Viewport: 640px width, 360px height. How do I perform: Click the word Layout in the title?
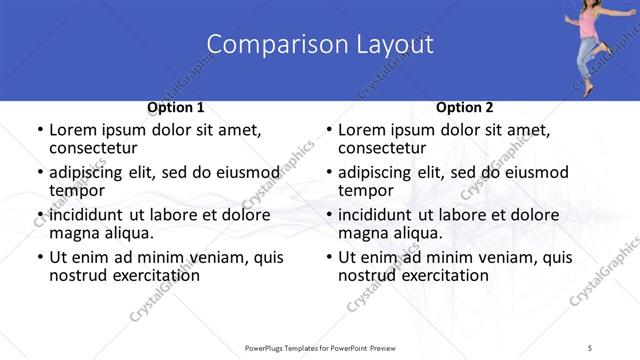[391, 44]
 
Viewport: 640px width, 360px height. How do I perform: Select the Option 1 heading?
[175, 107]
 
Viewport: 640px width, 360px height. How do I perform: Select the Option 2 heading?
[464, 107]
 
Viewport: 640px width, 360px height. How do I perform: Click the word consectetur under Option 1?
[95, 149]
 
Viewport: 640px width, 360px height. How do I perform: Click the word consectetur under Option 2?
[384, 149]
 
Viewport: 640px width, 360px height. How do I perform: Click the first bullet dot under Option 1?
[39, 131]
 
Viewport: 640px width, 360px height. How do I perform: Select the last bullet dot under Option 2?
[328, 258]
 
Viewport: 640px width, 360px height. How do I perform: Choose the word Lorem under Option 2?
[362, 130]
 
